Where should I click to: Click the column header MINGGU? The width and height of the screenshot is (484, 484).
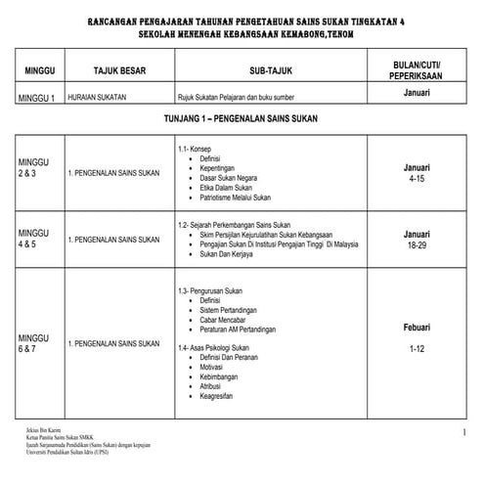(39, 72)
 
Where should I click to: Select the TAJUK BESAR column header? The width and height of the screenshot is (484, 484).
(119, 72)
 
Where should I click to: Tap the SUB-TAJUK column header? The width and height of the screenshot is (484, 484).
(271, 72)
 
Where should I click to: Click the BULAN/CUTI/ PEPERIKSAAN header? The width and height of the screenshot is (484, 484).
(418, 72)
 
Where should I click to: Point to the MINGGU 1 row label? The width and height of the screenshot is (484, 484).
(39, 98)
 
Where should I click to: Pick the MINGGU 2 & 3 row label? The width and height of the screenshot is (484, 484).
(35, 167)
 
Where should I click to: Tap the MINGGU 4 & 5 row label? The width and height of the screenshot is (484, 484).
(35, 239)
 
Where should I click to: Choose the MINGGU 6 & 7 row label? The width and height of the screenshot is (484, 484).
(35, 343)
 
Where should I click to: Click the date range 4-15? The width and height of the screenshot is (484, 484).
(418, 180)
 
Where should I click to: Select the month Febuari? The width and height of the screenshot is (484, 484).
(418, 327)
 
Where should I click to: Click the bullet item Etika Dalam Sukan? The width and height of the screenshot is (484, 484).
(228, 189)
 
